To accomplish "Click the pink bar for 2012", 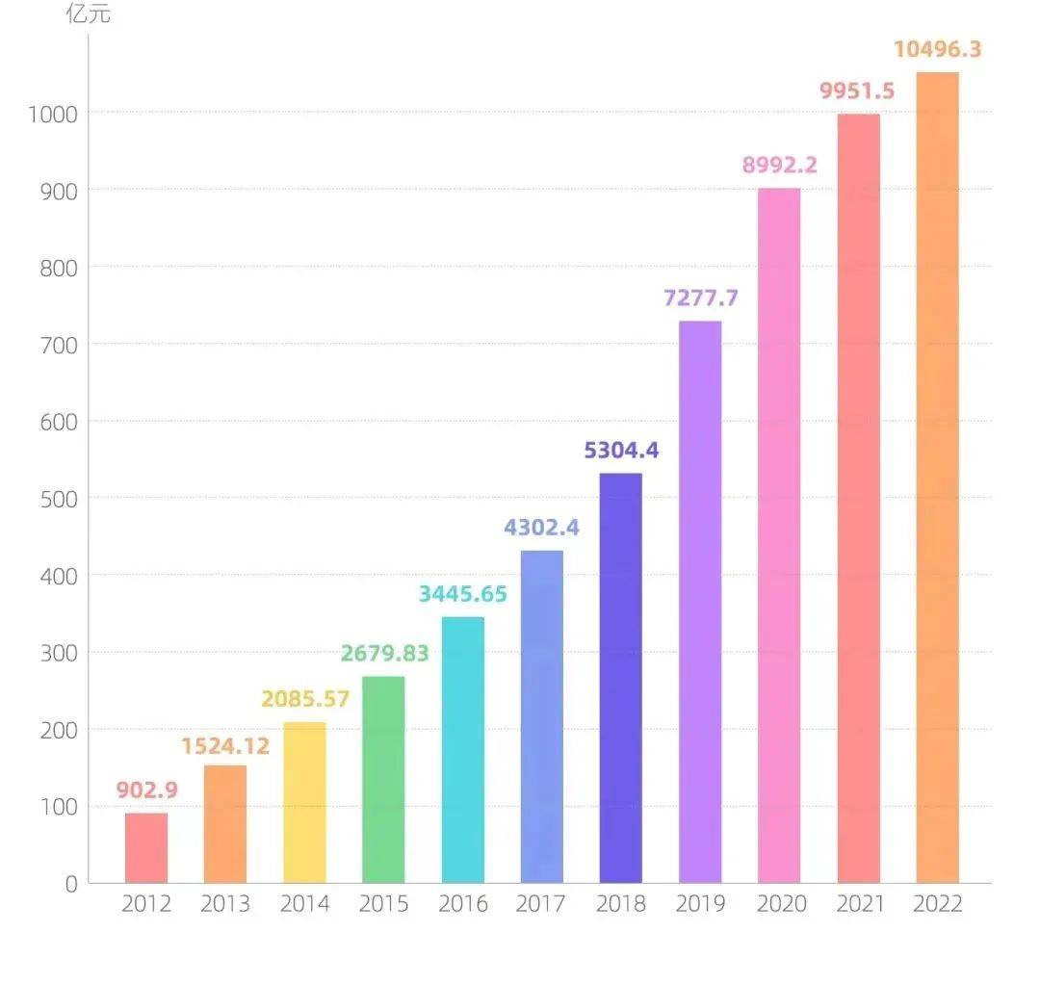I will click(x=146, y=848).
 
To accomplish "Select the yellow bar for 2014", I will click(x=304, y=802).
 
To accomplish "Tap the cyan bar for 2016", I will click(x=463, y=750).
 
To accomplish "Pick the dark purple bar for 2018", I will click(x=621, y=678).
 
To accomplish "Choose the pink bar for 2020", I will click(x=779, y=535).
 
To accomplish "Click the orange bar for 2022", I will click(x=937, y=478).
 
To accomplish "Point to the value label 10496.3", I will click(x=937, y=49).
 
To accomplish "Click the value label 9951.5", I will click(x=857, y=91).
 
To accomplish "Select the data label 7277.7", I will click(x=701, y=298).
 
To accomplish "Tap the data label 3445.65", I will click(x=462, y=594).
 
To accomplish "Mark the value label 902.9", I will click(x=147, y=790).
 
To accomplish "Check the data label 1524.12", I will click(x=225, y=745).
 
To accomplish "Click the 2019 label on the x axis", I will click(x=700, y=904).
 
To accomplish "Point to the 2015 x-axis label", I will click(x=383, y=904).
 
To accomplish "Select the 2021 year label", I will click(x=858, y=904).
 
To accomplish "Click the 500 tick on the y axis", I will click(x=59, y=499).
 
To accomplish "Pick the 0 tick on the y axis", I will click(x=71, y=884).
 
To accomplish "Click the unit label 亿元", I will click(x=88, y=14).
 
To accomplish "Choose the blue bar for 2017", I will click(x=542, y=716).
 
